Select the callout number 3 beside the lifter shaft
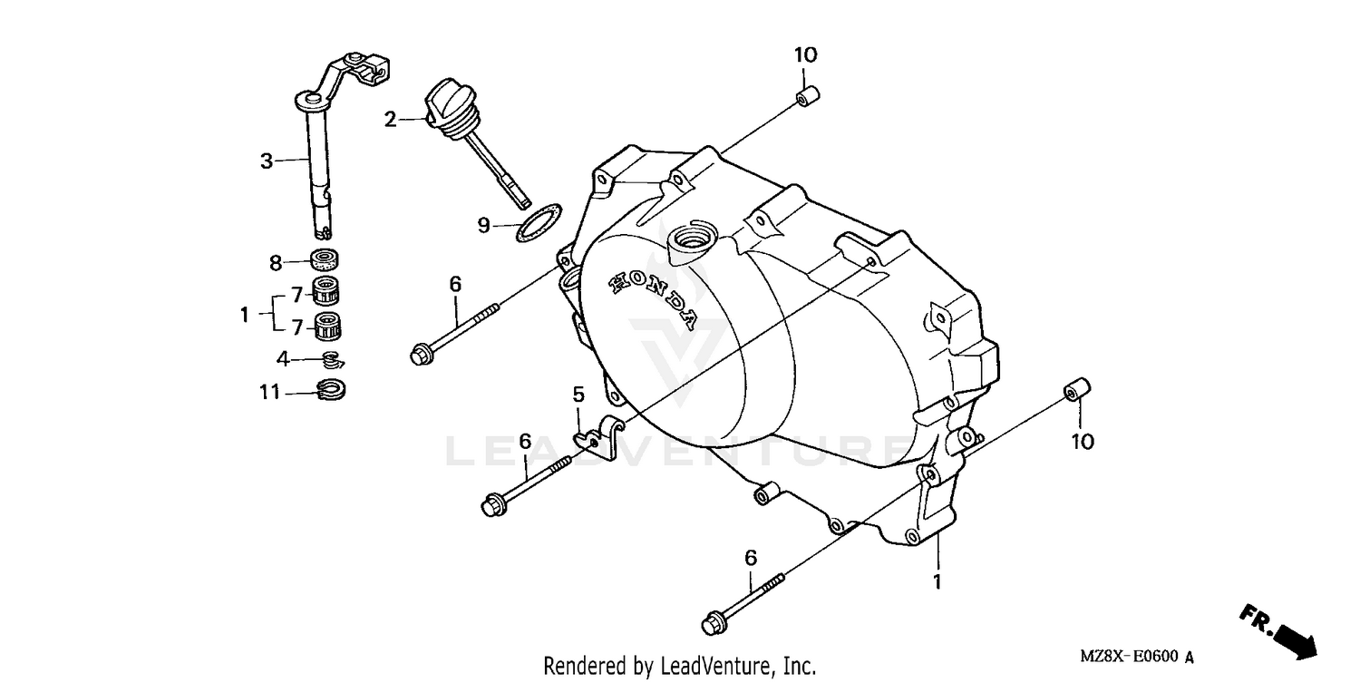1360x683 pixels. [x=266, y=161]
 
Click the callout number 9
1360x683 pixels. [x=484, y=224]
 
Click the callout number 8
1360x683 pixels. [x=276, y=263]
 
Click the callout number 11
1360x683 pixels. [x=268, y=393]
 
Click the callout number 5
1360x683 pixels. [x=577, y=395]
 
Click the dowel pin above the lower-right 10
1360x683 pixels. [x=1076, y=390]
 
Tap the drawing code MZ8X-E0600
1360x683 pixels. [x=1129, y=657]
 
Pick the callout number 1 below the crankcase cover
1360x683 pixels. [x=937, y=581]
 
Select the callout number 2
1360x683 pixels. [x=390, y=119]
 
